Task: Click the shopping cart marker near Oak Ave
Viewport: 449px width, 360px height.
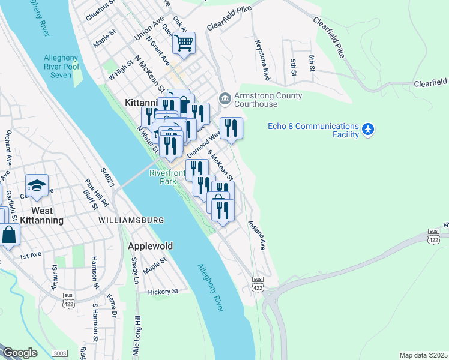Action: [x=184, y=43]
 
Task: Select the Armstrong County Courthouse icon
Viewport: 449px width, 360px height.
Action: [x=224, y=97]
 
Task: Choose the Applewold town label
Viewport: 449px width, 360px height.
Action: [x=151, y=246]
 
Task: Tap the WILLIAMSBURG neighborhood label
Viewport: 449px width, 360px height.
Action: [x=131, y=220]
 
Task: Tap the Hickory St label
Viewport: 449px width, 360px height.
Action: [x=163, y=292]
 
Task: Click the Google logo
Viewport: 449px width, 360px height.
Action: [x=20, y=353]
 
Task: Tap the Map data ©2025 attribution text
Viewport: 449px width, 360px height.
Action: [x=423, y=355]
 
